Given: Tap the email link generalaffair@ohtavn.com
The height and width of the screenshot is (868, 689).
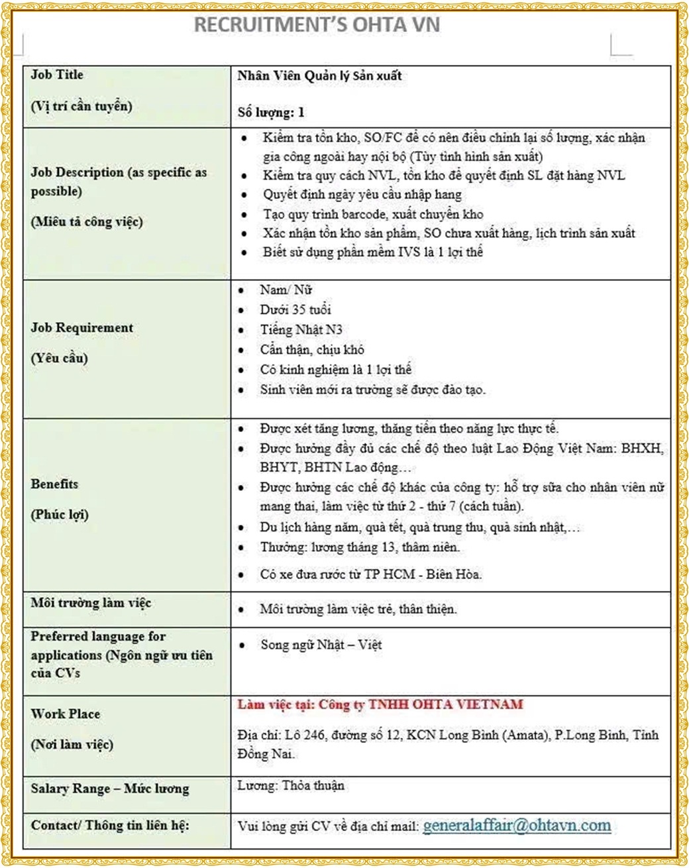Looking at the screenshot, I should [517, 826].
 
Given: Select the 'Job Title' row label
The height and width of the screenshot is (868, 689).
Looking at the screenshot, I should [57, 75].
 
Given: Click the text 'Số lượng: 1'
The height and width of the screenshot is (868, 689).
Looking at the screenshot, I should [271, 112].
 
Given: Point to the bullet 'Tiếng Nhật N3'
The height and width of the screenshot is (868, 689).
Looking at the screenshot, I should [301, 329].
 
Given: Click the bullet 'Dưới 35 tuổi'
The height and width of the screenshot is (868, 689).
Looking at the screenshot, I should [295, 309].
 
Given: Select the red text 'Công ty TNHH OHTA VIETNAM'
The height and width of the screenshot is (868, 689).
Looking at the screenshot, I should [421, 704].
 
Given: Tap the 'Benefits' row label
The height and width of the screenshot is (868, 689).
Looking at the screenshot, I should [54, 484].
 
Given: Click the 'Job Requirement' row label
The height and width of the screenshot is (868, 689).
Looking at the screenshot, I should [81, 328].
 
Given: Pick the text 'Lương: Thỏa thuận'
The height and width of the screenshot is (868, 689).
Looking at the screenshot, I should [291, 786].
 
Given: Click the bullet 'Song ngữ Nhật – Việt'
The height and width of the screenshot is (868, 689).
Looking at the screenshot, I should [321, 645].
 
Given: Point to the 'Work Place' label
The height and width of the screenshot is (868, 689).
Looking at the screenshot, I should [65, 714].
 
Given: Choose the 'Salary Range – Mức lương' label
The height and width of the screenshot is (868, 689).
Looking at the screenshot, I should [109, 789].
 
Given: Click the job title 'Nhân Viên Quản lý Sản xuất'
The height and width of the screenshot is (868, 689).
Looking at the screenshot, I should [319, 76].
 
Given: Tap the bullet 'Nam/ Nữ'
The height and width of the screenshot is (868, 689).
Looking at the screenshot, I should [286, 290].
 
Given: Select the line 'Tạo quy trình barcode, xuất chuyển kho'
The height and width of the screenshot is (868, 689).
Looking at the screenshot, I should [373, 214].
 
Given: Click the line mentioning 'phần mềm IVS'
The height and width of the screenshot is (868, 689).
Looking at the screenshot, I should [373, 252].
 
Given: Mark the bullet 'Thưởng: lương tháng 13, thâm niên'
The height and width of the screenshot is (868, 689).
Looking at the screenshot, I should [360, 547].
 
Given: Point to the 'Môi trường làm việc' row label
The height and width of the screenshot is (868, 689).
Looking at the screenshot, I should [91, 603].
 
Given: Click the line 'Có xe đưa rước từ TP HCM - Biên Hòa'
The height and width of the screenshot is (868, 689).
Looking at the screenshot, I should [371, 574].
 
